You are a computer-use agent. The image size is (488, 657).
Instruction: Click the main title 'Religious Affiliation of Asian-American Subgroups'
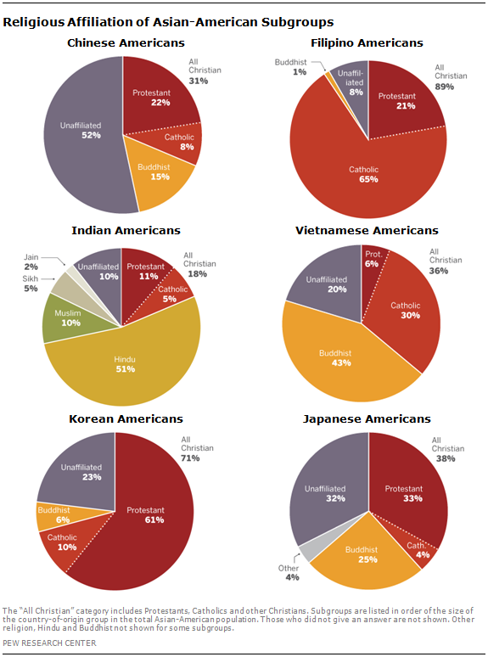[x=168, y=21]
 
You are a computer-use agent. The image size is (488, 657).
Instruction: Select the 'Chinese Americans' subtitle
[x=122, y=42]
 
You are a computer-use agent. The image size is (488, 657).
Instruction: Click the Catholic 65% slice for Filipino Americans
[x=364, y=174]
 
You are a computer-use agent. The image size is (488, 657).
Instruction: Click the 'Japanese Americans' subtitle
[x=362, y=418]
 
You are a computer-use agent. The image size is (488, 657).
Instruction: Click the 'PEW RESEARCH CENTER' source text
[x=48, y=643]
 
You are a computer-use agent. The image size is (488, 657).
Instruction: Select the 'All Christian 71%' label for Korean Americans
[x=197, y=447]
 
